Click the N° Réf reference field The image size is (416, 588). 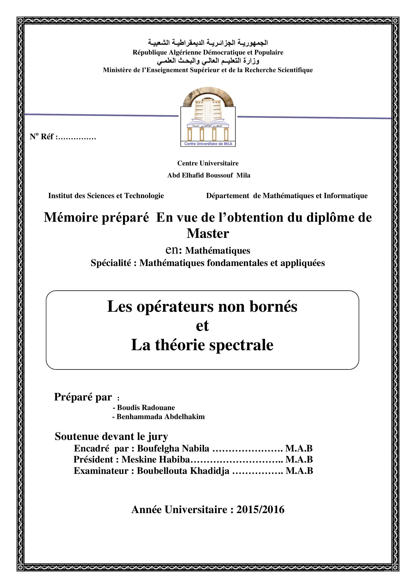pyautogui.click(x=63, y=137)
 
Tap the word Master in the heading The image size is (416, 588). pyautogui.click(x=208, y=233)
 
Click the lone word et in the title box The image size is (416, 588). pyautogui.click(x=202, y=326)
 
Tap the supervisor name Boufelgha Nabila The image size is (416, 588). pyautogui.click(x=173, y=448)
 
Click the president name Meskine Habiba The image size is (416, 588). pyautogui.click(x=156, y=460)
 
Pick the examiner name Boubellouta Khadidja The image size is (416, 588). pyautogui.click(x=183, y=471)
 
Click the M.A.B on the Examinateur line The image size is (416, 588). pyautogui.click(x=299, y=471)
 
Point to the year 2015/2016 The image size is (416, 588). pyautogui.click(x=260, y=510)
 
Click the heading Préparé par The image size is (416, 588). pyautogui.click(x=83, y=397)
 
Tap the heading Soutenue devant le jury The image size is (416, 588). pyautogui.click(x=111, y=436)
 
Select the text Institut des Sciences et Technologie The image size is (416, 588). pyautogui.click(x=106, y=196)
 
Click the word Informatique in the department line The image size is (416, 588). pyautogui.click(x=346, y=196)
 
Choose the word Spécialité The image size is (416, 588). pyautogui.click(x=111, y=263)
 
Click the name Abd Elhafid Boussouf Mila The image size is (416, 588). pyautogui.click(x=209, y=175)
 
